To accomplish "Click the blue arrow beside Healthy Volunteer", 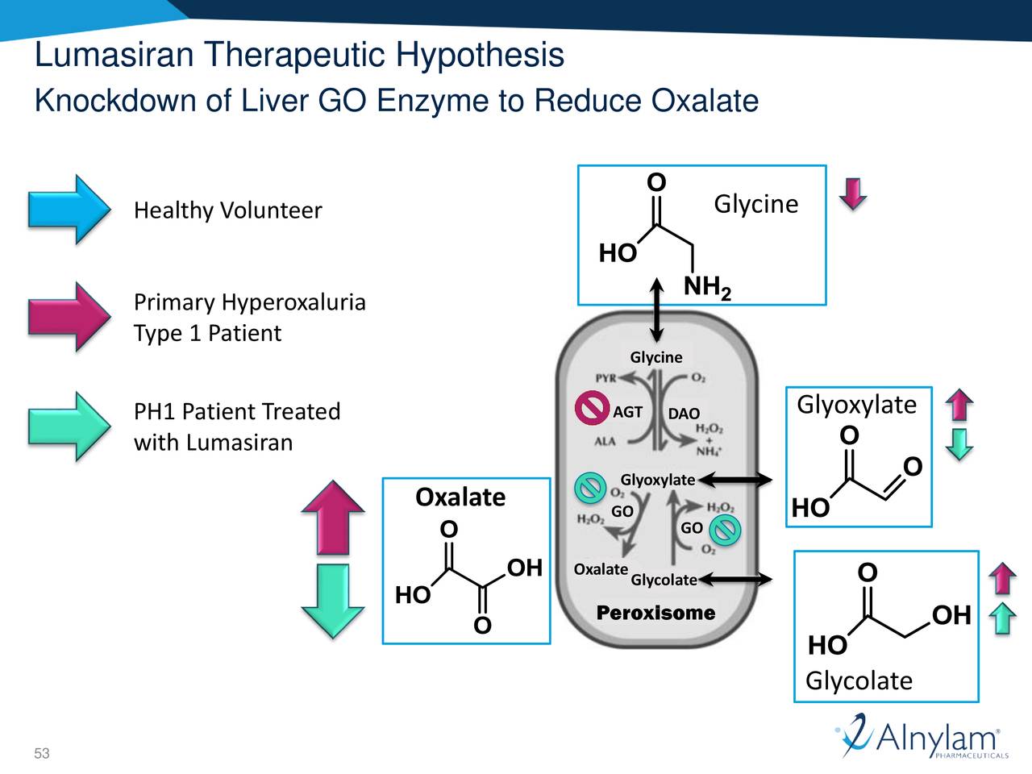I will (69, 210).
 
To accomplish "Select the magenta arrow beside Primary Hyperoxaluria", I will (69, 317).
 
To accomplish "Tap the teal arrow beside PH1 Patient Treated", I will (69, 427).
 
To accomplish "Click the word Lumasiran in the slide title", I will (114, 55).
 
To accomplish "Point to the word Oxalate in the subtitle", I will (705, 101).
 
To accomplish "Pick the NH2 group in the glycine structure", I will (707, 287).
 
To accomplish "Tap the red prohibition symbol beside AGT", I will (591, 408).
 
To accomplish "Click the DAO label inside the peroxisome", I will (684, 414).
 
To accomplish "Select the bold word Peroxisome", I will (655, 614).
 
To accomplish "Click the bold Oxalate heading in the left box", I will (460, 497).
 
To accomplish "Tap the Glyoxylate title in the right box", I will (856, 404).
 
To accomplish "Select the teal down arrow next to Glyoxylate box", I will (959, 443).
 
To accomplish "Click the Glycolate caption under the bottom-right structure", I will (859, 680).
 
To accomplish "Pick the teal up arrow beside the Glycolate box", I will (1002, 618).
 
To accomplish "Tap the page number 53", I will (42, 754).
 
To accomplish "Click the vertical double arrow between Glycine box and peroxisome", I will (657, 310).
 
